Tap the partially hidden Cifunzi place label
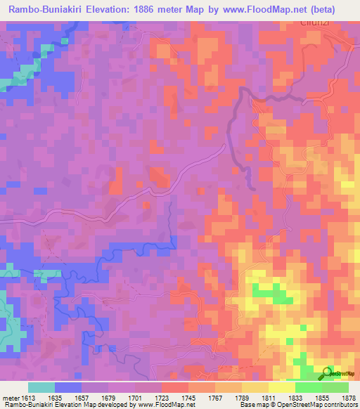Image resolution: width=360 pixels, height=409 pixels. coord(314,22)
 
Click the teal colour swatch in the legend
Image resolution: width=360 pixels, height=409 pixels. coord(41,387)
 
